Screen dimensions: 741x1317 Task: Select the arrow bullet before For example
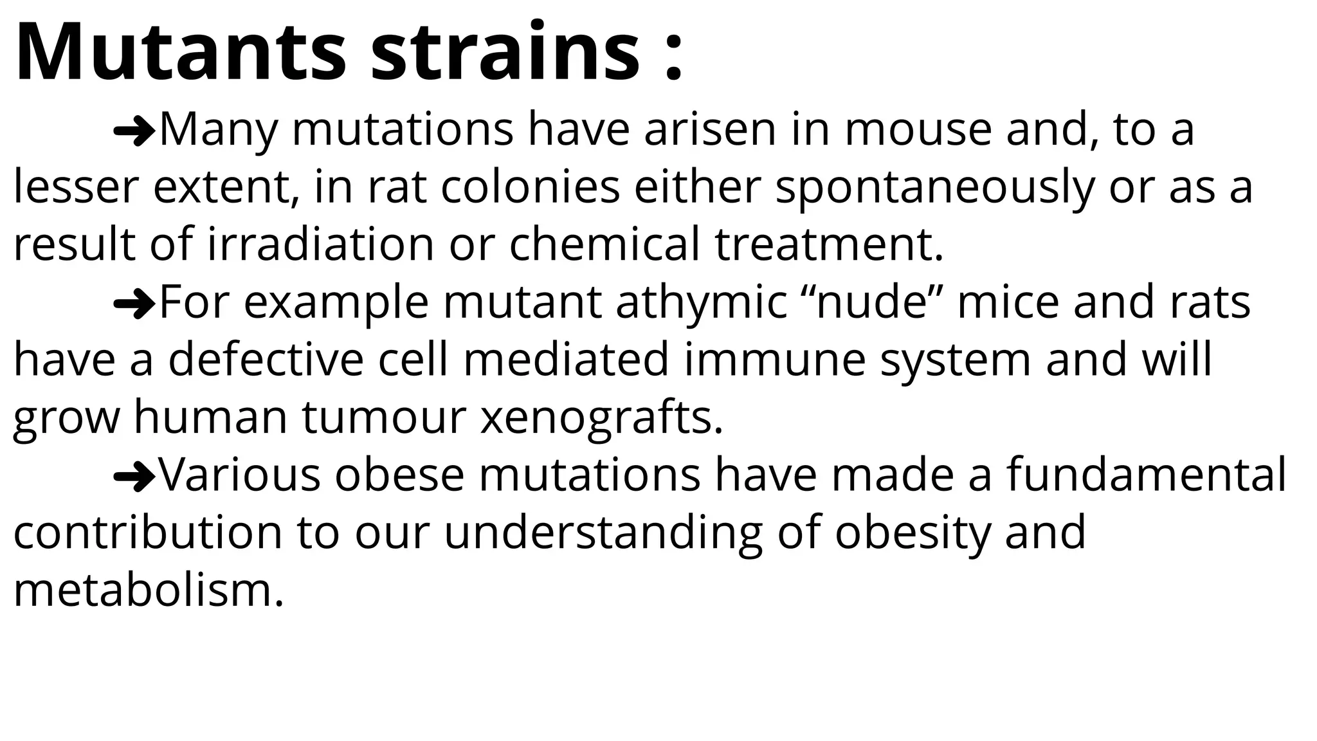point(134,303)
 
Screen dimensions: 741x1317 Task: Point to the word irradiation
point(320,245)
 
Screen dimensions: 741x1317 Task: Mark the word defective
point(266,360)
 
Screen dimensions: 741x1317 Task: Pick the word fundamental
point(1146,475)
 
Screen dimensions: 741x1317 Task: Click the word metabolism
point(148,590)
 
